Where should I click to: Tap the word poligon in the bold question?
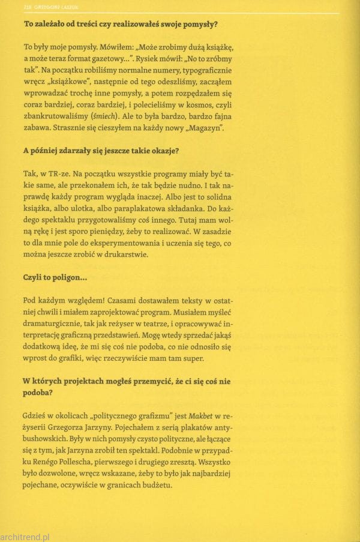65,279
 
